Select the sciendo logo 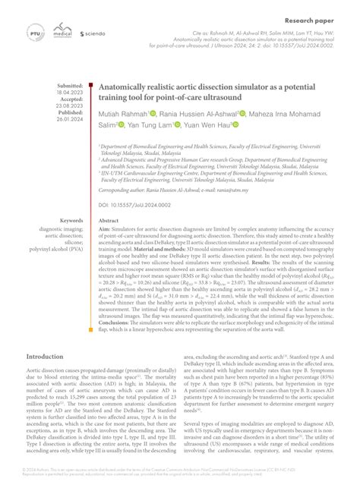click(92, 33)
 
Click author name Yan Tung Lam click(149, 124)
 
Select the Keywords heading click(73, 221)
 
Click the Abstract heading click(109, 221)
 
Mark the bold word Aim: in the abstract click(105, 228)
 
